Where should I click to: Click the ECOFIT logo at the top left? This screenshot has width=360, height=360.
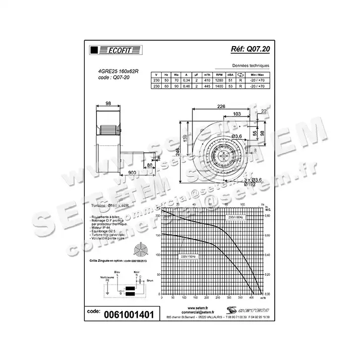[114, 50]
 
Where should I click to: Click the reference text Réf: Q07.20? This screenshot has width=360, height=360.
[251, 49]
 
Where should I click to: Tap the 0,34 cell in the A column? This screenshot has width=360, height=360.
[186, 80]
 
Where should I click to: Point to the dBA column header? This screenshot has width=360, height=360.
[230, 74]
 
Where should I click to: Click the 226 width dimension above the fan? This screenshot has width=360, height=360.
[221, 106]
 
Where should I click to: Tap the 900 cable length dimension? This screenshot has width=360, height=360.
[132, 172]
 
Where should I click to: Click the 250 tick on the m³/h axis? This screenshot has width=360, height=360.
[217, 298]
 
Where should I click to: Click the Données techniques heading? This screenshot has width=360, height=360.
[250, 66]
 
